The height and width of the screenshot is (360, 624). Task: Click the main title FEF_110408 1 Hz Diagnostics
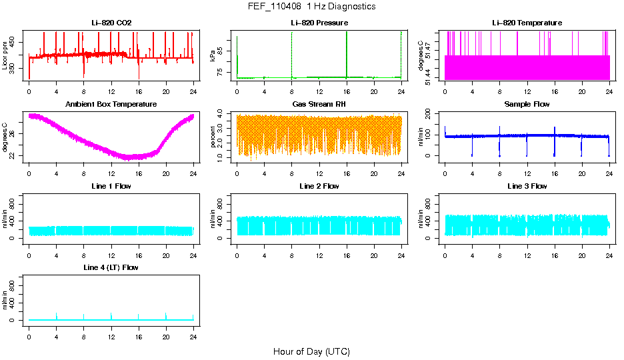311,7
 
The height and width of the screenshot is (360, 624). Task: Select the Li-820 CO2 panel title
111,23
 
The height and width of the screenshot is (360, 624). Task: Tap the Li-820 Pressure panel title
319,23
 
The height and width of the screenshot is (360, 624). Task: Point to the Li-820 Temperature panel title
527,23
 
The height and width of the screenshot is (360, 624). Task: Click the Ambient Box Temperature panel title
111,105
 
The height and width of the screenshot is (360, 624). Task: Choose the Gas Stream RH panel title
319,105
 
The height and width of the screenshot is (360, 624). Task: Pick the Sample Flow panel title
527,105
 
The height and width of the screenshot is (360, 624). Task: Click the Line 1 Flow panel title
111,186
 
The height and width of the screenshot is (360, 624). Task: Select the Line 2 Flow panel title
319,186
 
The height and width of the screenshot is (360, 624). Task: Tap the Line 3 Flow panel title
527,186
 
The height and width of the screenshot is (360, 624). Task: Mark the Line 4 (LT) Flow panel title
111,267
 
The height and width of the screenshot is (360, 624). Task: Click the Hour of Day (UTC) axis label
311,351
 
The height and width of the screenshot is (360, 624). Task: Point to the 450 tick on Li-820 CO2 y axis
14,42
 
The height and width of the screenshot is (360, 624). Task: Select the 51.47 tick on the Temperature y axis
430,48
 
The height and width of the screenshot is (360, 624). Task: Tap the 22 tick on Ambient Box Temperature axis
14,156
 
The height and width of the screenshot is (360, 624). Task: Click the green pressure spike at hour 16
347,53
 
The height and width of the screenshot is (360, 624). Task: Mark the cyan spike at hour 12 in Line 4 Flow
111,315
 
